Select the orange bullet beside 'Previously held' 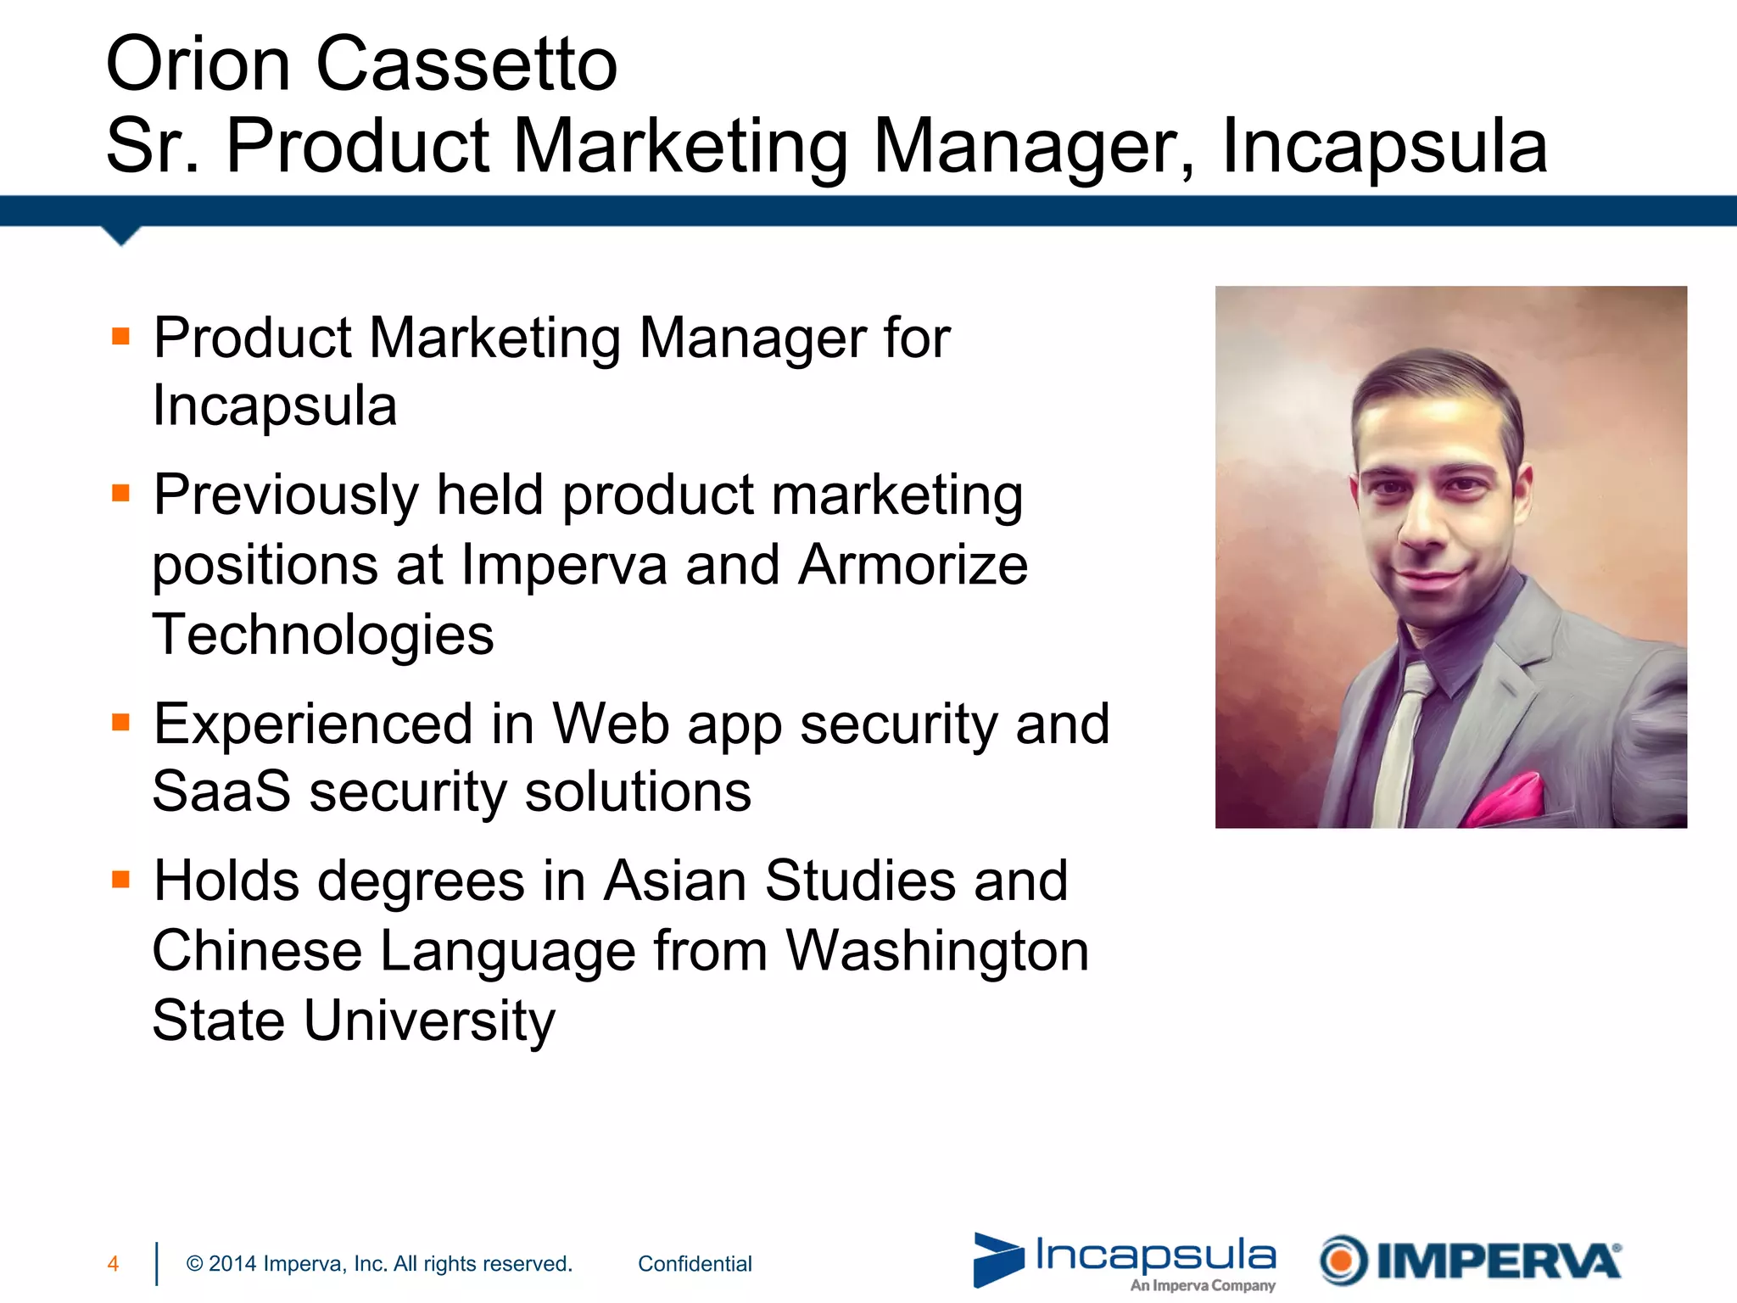point(121,493)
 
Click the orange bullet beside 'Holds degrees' point(121,879)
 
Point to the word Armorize point(913,565)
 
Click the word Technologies point(323,635)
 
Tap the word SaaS point(221,791)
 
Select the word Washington point(937,950)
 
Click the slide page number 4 point(113,1264)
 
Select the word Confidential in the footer point(695,1264)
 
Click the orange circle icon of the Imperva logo point(1343,1261)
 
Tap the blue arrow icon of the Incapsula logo point(997,1259)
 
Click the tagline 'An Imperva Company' point(1202,1285)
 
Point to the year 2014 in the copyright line point(232,1264)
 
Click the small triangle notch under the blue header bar point(121,235)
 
